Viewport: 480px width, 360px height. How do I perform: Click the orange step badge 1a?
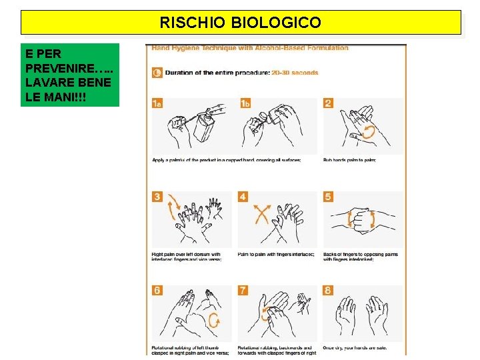click(x=157, y=103)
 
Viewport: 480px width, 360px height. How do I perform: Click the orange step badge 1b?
click(x=245, y=103)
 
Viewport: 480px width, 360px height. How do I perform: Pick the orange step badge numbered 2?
click(x=328, y=103)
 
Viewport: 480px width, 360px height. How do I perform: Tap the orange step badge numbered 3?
click(x=157, y=197)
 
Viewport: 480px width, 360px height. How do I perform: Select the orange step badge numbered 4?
click(x=243, y=197)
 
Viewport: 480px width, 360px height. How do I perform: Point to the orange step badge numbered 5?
click(x=328, y=197)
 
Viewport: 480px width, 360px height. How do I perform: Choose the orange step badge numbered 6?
click(x=157, y=290)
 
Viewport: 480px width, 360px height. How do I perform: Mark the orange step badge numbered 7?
click(x=243, y=290)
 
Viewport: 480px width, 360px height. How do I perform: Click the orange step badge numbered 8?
click(x=328, y=290)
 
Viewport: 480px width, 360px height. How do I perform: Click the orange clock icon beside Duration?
click(x=157, y=73)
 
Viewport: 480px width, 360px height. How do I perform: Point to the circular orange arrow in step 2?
click(x=367, y=133)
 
